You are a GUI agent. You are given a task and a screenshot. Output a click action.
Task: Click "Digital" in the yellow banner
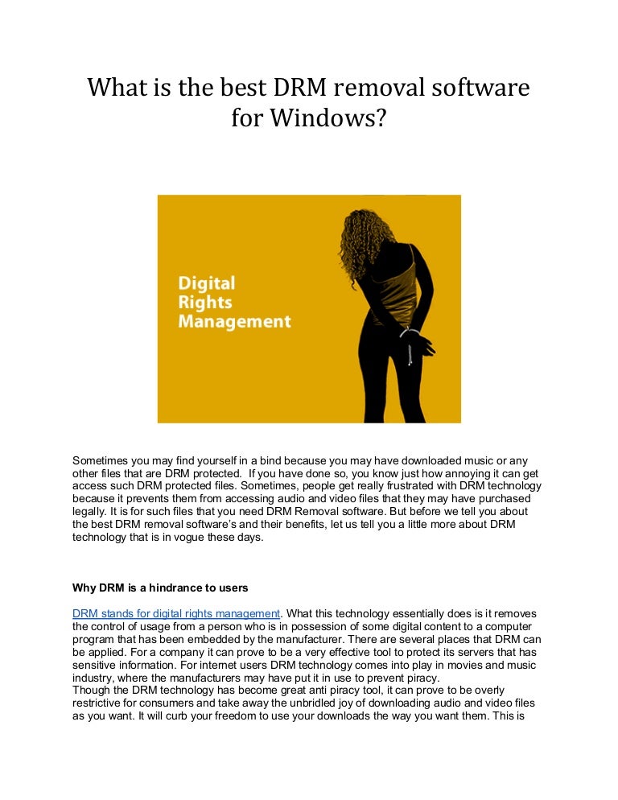pyautogui.click(x=206, y=283)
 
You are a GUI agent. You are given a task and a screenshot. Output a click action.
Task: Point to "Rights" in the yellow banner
pyautogui.click(x=204, y=303)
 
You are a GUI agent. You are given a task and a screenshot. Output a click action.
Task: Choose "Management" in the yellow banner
pyautogui.click(x=234, y=322)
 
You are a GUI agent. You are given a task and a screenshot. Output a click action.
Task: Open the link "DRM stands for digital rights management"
pyautogui.click(x=176, y=613)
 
